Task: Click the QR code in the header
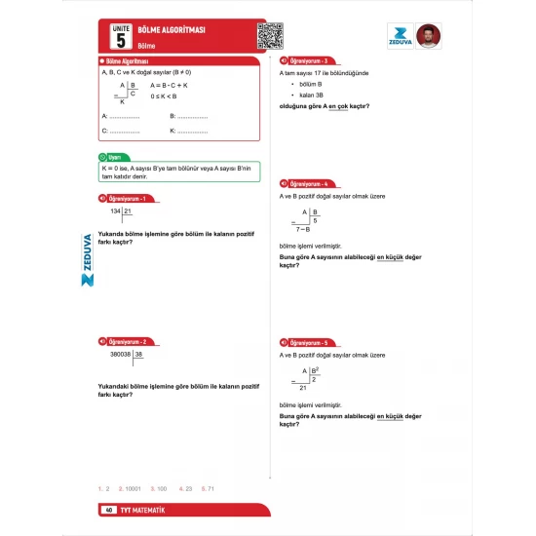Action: point(271,36)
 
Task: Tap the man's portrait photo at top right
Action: point(428,36)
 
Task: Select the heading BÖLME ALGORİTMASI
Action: point(172,30)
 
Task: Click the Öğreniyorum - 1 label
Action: point(126,199)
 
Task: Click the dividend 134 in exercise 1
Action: point(116,211)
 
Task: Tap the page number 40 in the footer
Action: point(109,511)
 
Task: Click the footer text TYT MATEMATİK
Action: point(144,511)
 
